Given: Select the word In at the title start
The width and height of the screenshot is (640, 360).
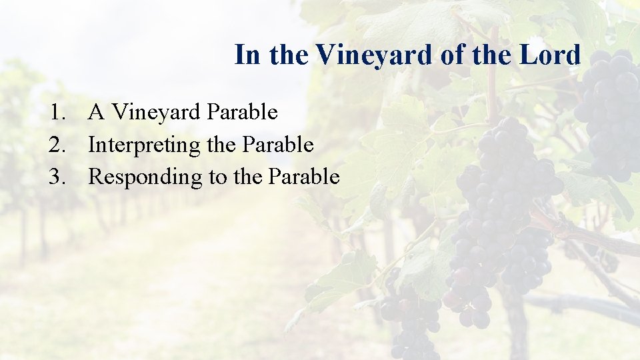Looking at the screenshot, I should (x=247, y=55).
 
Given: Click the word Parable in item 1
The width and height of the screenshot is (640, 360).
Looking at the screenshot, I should (x=242, y=113).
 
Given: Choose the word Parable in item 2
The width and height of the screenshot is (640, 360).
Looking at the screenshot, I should (x=278, y=145).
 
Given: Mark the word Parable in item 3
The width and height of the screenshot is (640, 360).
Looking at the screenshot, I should (x=304, y=177).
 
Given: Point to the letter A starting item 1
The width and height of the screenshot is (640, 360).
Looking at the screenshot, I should (x=96, y=113).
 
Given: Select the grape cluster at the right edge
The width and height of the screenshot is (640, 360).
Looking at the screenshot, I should (x=610, y=113).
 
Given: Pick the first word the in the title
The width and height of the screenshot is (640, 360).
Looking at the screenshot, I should (x=289, y=55).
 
